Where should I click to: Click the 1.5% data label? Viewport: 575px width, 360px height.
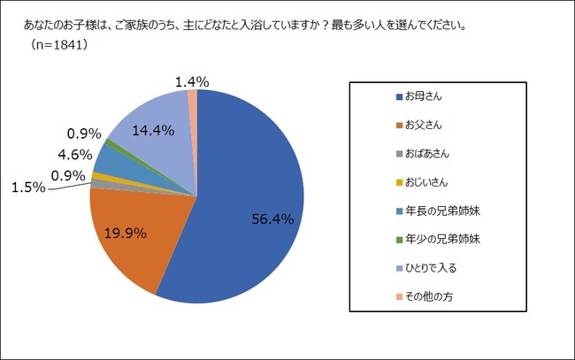pyautogui.click(x=28, y=188)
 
